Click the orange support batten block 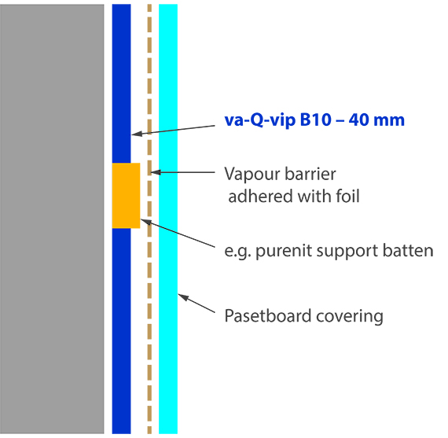(126, 196)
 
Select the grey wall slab (52, 219)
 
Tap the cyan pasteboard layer (168, 219)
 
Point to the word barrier (310, 174)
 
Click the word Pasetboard (268, 316)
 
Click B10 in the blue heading (315, 120)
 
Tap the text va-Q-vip (260, 120)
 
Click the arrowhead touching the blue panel (137, 134)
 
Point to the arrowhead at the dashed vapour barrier (156, 172)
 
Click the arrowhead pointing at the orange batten (146, 222)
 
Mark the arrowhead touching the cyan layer (183, 297)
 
